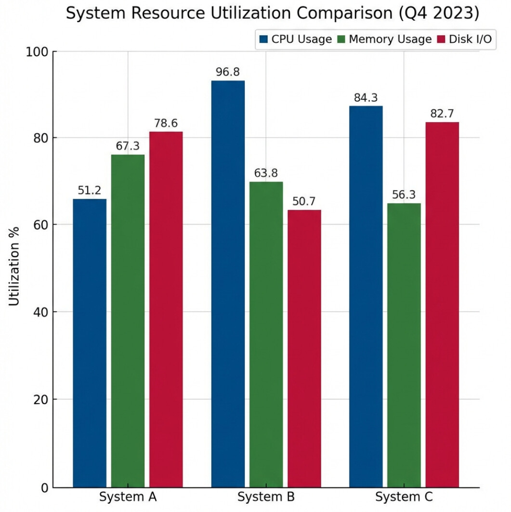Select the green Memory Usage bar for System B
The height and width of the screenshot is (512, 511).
(266, 334)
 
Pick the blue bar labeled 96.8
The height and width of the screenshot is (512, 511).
(228, 284)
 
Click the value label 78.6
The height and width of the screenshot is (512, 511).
(166, 123)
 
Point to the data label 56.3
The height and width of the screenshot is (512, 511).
(404, 195)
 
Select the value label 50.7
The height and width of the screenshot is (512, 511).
(304, 201)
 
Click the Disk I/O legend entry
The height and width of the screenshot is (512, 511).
(465, 39)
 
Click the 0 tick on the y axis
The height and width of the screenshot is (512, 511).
(44, 487)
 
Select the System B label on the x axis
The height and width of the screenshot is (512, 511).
(266, 497)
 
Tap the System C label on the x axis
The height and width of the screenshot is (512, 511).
(404, 497)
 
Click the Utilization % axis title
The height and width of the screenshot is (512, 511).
(14, 266)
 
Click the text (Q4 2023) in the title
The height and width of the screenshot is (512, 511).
(439, 13)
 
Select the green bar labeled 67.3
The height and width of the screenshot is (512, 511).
(128, 321)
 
